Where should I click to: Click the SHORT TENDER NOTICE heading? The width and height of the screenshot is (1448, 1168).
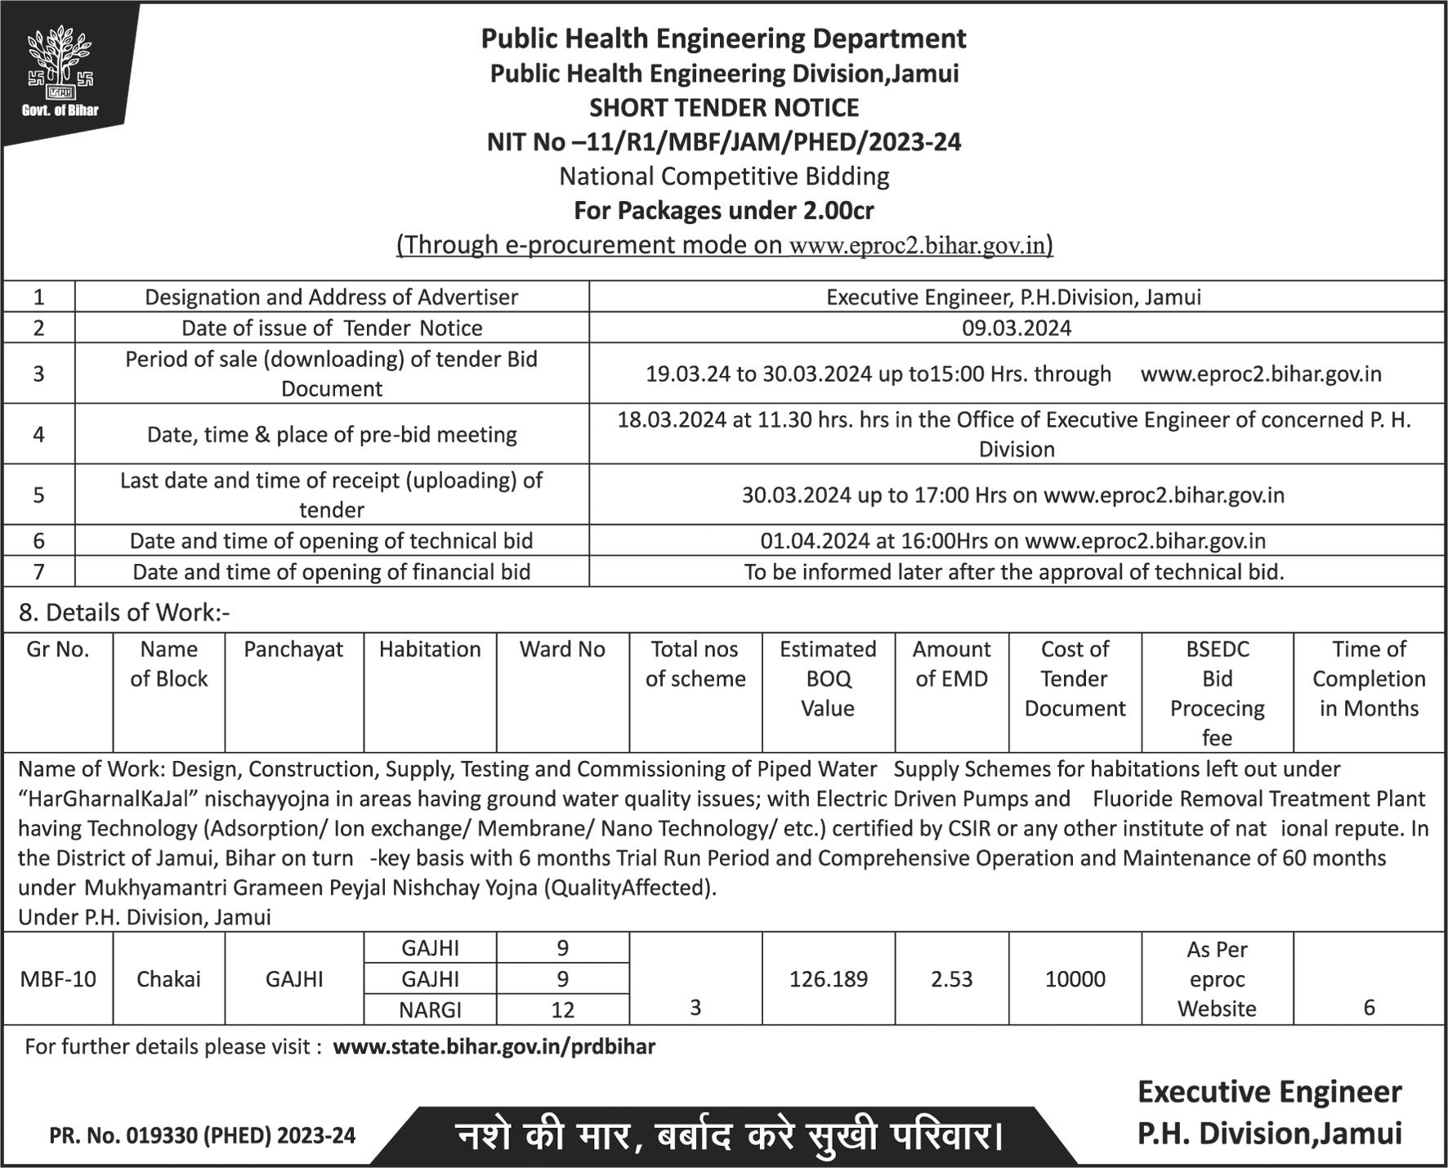724,108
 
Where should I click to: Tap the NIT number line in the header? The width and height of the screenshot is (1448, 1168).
724,142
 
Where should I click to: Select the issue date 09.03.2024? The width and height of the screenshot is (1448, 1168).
1016,328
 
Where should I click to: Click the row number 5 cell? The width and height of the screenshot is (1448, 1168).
38,494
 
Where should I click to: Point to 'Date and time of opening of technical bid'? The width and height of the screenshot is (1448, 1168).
331,541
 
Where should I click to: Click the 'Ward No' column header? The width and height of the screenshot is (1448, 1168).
562,649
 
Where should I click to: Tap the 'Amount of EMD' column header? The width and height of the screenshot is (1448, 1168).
951,664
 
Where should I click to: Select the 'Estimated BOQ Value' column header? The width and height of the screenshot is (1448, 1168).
827,678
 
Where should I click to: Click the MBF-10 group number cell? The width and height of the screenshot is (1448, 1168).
57,978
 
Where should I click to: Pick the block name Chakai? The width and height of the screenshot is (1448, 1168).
168,978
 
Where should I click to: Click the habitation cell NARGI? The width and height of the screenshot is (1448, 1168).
430,1009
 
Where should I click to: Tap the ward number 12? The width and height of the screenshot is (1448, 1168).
562,1009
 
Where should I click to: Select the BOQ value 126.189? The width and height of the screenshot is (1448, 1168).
828,978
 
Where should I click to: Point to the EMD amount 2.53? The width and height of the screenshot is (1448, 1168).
951,978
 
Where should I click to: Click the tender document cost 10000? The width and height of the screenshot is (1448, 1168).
1075,978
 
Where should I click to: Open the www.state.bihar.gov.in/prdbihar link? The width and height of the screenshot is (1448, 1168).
494,1047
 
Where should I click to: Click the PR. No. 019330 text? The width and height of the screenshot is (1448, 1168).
202,1135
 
